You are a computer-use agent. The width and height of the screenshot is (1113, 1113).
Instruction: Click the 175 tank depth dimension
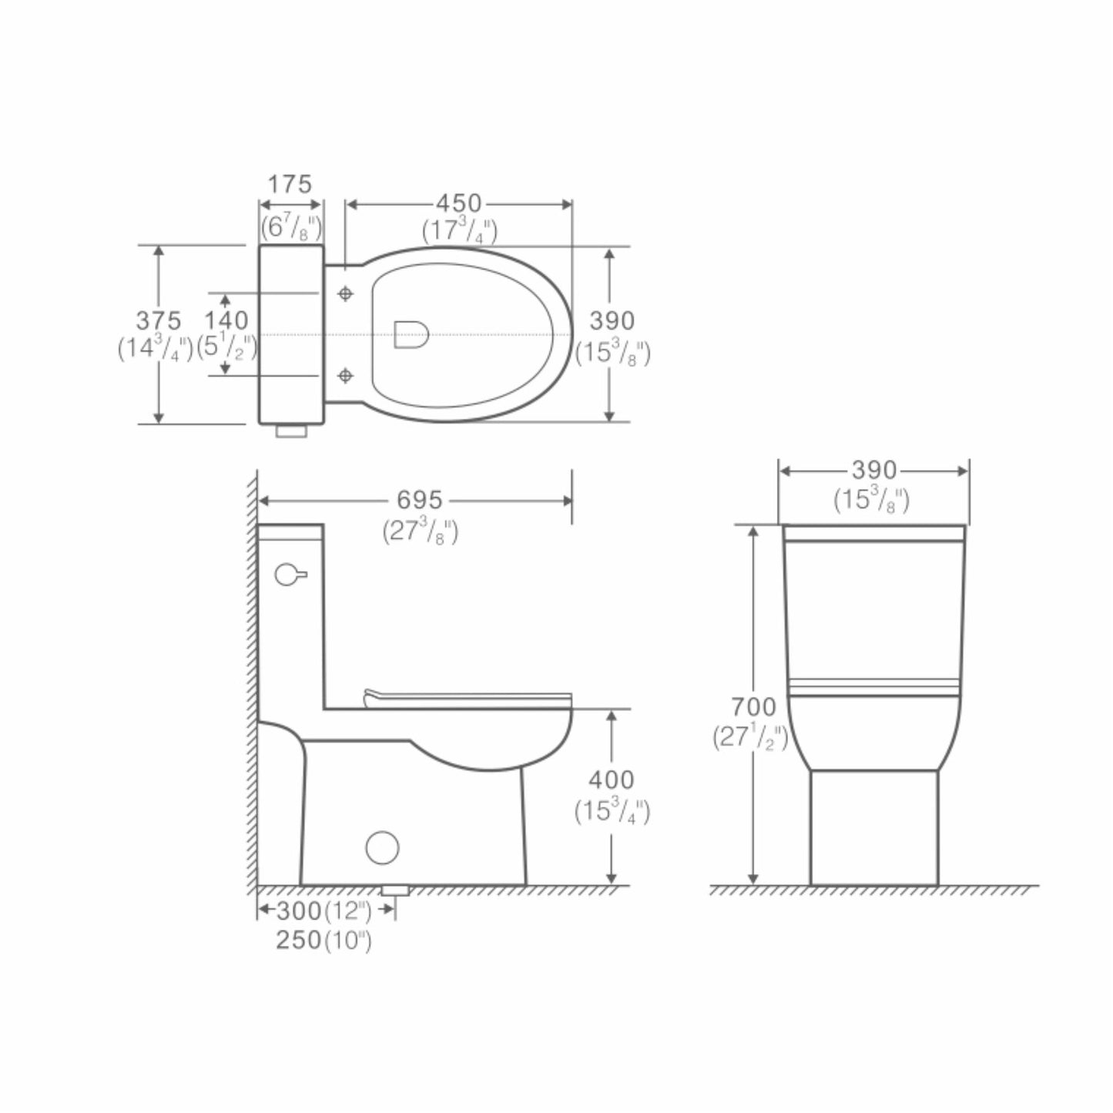[290, 185]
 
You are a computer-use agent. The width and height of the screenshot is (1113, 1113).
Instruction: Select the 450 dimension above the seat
[458, 203]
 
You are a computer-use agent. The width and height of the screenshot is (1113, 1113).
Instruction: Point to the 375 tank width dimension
[158, 320]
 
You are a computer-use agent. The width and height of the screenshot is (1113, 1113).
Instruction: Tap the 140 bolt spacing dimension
[226, 320]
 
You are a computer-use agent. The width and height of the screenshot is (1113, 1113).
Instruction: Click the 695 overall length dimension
[420, 500]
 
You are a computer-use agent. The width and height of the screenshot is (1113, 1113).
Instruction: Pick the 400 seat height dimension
[612, 780]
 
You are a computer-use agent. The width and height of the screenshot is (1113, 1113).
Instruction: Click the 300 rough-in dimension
[299, 911]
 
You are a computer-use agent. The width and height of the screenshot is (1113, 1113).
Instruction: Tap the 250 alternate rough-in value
[299, 940]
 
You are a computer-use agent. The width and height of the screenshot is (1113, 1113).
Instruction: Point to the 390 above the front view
[874, 471]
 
